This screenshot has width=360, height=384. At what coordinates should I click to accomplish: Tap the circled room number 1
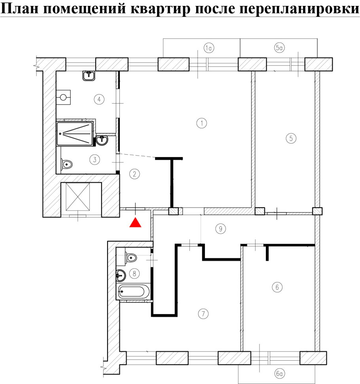pos(202,123)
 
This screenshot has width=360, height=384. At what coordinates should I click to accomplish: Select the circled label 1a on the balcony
pos(208,48)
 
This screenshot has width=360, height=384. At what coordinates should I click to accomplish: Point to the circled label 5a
pos(279,47)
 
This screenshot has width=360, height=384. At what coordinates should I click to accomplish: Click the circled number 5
pos(291,138)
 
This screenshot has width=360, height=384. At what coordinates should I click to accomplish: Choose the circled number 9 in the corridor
pos(221,229)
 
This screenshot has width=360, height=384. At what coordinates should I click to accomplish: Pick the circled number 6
pos(277,287)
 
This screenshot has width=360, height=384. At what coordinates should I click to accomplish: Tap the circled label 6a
pos(279,373)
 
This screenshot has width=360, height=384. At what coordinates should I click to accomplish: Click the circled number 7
pos(203,314)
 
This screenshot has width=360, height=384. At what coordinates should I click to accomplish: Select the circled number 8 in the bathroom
pos(134,273)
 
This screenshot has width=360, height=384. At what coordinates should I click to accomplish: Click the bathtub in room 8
pos(134,292)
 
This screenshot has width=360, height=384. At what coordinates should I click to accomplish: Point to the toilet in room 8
pos(131,257)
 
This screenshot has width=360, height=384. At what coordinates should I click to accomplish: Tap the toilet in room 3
pos(66,164)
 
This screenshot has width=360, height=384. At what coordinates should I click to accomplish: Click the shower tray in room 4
pos(75,134)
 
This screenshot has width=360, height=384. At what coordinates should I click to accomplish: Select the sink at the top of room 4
pos(89,76)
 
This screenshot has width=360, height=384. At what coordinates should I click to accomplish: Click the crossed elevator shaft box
pos(78,197)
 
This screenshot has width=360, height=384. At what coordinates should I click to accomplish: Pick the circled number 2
pos(134,174)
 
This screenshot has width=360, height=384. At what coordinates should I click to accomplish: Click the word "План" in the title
pos(20,9)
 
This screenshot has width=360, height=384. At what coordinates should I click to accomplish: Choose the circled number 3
pos(95,160)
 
